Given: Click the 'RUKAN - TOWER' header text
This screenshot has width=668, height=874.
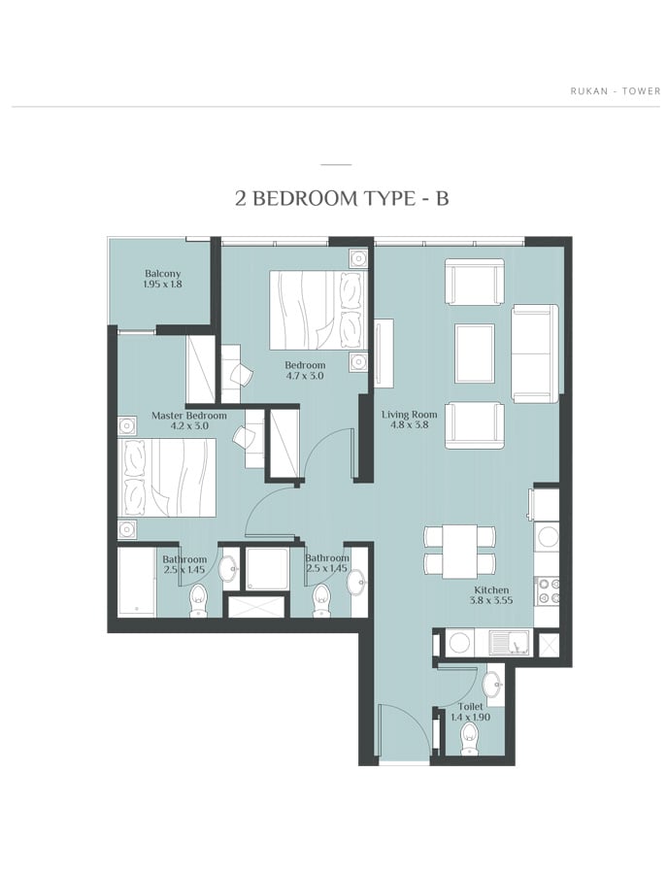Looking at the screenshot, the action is pyautogui.click(x=615, y=90).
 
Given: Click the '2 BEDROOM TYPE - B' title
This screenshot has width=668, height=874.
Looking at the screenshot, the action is pyautogui.click(x=342, y=198).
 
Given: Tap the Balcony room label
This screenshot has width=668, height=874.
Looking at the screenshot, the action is pyautogui.click(x=163, y=274).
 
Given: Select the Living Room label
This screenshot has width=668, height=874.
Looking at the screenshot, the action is pyautogui.click(x=409, y=414).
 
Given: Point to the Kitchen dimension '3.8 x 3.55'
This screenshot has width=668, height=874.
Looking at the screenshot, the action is pyautogui.click(x=491, y=600).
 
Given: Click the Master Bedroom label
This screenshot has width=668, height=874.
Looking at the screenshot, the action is pyautogui.click(x=189, y=416).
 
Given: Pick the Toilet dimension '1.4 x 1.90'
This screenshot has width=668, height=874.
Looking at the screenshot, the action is pyautogui.click(x=470, y=717).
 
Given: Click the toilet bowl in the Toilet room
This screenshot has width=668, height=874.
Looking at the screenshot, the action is pyautogui.click(x=470, y=739).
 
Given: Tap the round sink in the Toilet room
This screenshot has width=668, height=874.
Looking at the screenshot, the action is pyautogui.click(x=491, y=684).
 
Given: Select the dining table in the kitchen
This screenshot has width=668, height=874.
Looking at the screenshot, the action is pyautogui.click(x=459, y=552).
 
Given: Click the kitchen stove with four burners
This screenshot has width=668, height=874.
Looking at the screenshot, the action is pyautogui.click(x=547, y=591).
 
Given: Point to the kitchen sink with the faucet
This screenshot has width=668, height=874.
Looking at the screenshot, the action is pyautogui.click(x=510, y=642).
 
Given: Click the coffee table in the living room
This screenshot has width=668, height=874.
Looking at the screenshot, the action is pyautogui.click(x=475, y=353).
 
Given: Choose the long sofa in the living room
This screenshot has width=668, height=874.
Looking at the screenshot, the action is pyautogui.click(x=535, y=353).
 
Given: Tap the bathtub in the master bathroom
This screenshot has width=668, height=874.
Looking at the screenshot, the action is pyautogui.click(x=137, y=582).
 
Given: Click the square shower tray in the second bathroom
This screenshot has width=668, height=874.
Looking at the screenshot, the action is pyautogui.click(x=267, y=568).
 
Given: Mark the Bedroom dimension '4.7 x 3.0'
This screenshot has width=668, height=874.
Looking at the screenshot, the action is pyautogui.click(x=304, y=376).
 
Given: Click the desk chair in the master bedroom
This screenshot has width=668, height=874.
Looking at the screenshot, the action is pyautogui.click(x=244, y=437).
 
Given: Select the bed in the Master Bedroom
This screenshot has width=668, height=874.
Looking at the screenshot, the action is pyautogui.click(x=167, y=478).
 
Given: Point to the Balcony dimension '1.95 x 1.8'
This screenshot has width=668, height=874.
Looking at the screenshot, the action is pyautogui.click(x=163, y=284).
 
